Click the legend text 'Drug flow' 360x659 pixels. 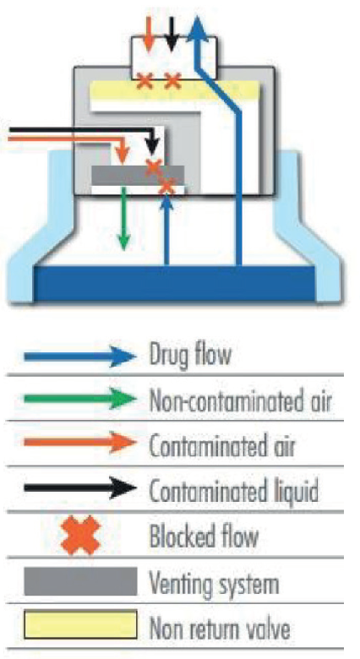[x=190, y=355]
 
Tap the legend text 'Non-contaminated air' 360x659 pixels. [x=241, y=401]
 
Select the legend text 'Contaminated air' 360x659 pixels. [x=222, y=447]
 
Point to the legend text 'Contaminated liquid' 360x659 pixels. [x=234, y=492]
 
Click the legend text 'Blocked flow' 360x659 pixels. [x=204, y=536]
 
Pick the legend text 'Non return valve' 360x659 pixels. [x=220, y=629]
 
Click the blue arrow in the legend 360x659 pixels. [x=80, y=357]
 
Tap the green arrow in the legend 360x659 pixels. [x=80, y=399]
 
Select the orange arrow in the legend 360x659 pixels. [x=80, y=442]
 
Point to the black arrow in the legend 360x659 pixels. [x=80, y=487]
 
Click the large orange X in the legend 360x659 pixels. [x=81, y=536]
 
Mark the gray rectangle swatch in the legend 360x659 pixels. [x=81, y=581]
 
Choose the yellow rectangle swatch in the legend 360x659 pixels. [x=80, y=625]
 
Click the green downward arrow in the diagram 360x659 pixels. [x=123, y=219]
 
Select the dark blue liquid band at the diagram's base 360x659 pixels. [x=175, y=283]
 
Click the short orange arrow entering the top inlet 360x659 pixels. [x=148, y=34]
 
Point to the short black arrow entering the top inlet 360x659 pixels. [x=171, y=34]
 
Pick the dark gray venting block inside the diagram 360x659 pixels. [x=138, y=175]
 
